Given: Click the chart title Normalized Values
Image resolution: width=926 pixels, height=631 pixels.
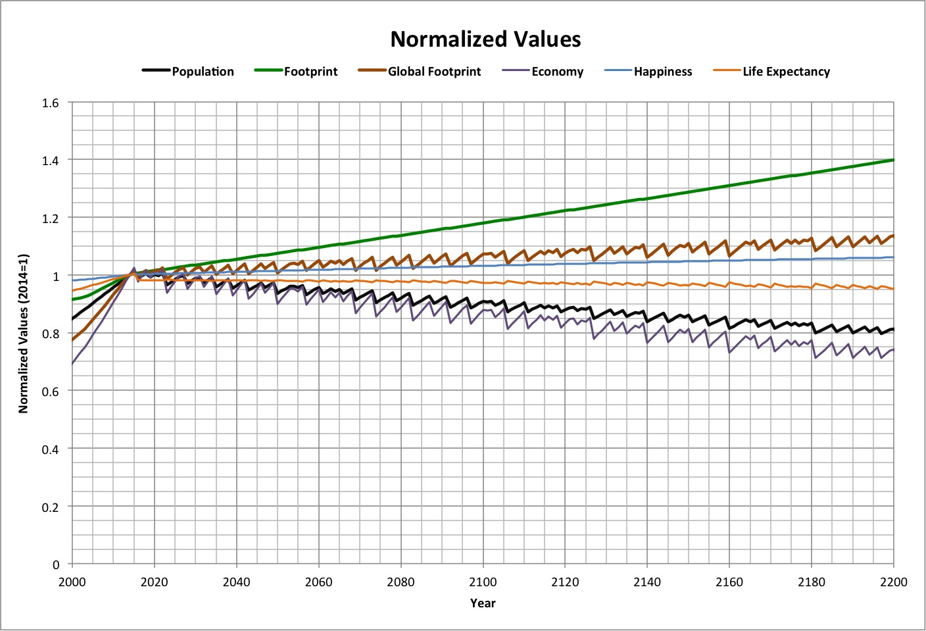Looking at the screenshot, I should point(485,39).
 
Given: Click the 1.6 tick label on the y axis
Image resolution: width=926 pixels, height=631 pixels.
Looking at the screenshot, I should point(51,103).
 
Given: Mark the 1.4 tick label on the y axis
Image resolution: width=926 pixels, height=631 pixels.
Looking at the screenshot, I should point(51,161).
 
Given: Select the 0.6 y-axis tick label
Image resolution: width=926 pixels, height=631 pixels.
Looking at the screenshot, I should point(51,391).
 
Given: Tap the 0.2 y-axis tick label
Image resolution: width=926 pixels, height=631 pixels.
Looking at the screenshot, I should point(51,507).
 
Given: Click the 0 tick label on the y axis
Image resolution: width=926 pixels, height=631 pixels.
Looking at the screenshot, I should point(56,565).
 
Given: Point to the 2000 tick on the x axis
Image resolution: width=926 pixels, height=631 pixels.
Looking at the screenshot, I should point(72,582).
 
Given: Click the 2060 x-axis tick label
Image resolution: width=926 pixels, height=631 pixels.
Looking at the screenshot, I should point(318,582).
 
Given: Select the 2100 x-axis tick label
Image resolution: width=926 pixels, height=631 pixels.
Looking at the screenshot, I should point(483,582).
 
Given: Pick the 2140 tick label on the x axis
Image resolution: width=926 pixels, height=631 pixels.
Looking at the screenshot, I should point(647,582).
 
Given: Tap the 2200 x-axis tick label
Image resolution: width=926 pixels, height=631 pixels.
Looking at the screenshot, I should point(893,582).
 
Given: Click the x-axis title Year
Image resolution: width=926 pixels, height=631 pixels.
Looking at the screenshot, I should point(483,603).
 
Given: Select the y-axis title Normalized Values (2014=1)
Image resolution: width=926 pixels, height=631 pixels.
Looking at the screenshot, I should point(24,333).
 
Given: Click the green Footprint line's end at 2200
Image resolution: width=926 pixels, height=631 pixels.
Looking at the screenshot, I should point(892,160).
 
